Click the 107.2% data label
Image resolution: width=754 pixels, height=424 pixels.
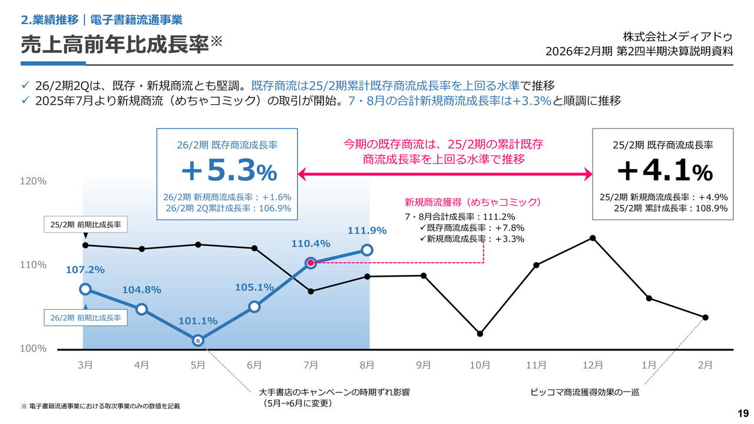tap(85, 270)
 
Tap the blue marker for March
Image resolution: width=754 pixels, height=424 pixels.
tap(85, 289)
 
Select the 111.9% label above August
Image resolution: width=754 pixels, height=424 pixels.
tap(367, 230)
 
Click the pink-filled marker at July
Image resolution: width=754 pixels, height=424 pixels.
tap(311, 263)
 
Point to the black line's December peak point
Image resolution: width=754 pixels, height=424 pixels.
tap(593, 238)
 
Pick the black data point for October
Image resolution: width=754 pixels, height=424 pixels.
tap(480, 334)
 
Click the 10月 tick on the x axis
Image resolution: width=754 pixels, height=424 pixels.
tap(480, 365)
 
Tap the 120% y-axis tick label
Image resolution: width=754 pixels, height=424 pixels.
tap(34, 181)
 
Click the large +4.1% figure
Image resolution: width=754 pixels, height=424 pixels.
tap(664, 171)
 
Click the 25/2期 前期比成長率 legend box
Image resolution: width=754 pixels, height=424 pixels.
tap(85, 225)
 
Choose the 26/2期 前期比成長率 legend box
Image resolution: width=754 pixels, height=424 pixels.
tap(85, 317)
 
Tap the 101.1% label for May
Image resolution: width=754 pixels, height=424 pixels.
tap(198, 322)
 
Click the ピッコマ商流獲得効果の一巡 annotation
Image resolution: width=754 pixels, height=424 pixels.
tap(585, 392)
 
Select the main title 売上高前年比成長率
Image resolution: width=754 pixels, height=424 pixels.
tap(115, 44)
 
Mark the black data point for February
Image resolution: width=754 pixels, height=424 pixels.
tap(706, 317)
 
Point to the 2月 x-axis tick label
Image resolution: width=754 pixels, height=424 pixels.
tap(706, 365)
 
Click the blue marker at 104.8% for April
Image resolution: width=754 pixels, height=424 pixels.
tap(141, 309)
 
